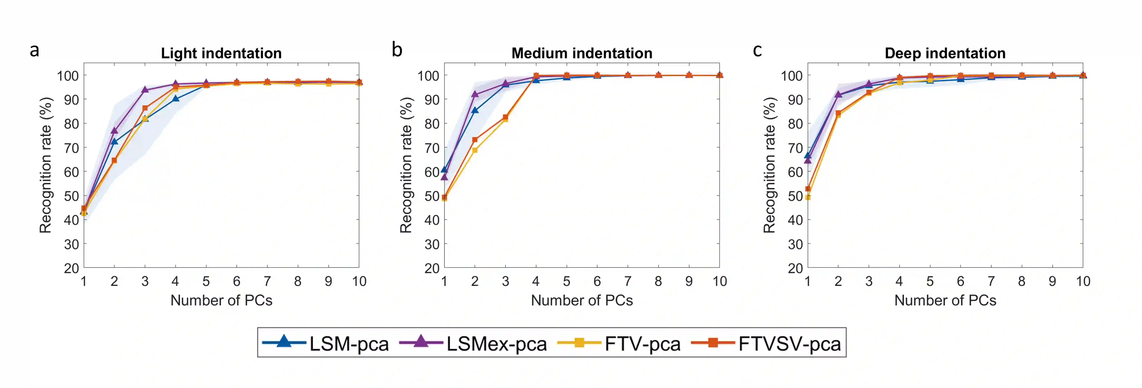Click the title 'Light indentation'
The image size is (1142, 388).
[x=221, y=53]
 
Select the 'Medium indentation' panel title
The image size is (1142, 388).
[x=582, y=53]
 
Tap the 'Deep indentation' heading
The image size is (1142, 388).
[x=945, y=53]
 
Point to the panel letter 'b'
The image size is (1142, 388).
[x=397, y=50]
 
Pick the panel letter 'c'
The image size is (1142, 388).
[x=757, y=50]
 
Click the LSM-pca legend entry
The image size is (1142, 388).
[x=326, y=343]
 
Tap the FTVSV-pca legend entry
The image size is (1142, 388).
[x=766, y=343]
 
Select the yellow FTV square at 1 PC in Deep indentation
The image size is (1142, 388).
[x=808, y=197]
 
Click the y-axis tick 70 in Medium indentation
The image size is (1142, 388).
[x=431, y=148]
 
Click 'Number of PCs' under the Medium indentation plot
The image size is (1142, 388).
[x=582, y=301]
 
